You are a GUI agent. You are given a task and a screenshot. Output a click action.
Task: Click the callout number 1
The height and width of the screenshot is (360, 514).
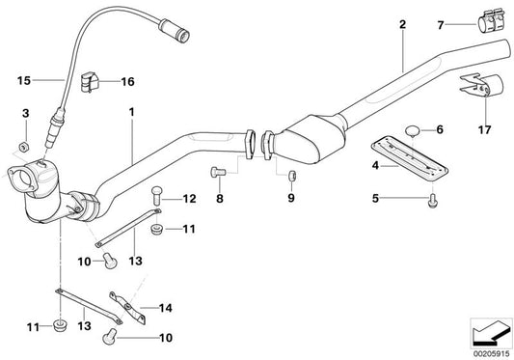pos(133,112)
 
